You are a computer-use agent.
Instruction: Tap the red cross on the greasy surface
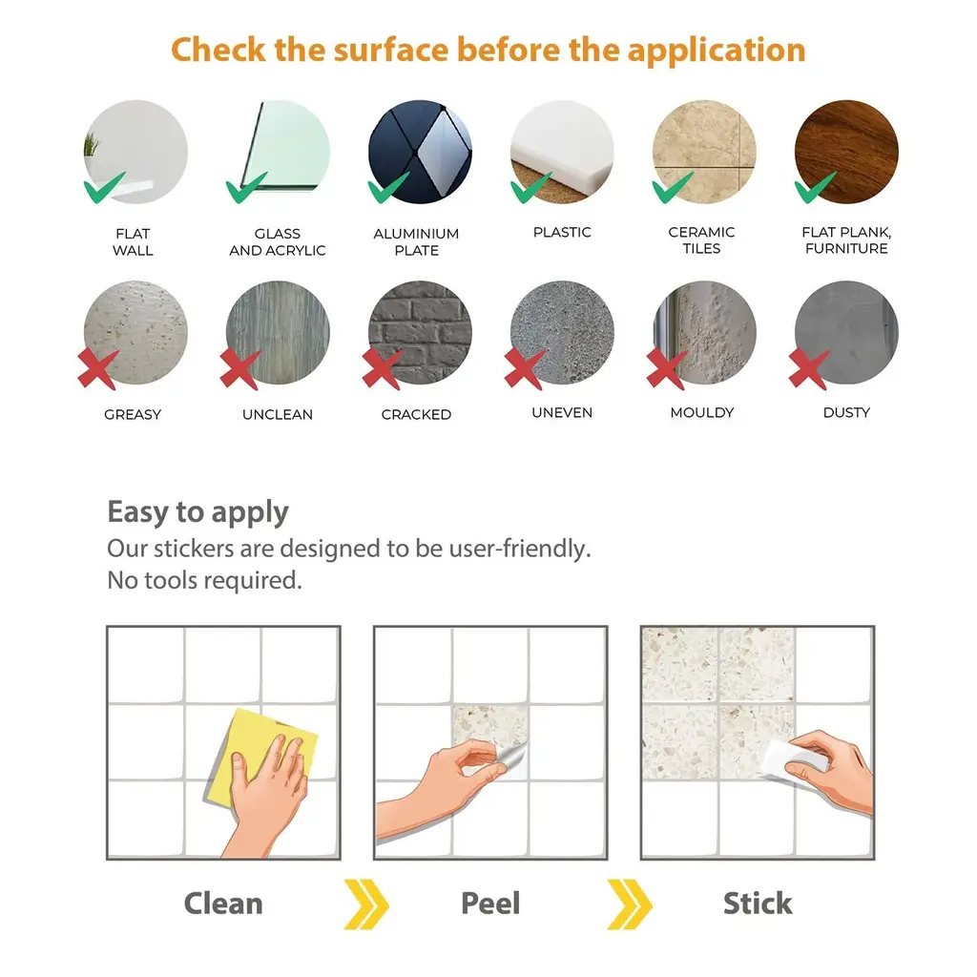click(98, 369)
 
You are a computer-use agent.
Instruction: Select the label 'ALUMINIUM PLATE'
click(416, 241)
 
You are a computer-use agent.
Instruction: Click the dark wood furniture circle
click(846, 152)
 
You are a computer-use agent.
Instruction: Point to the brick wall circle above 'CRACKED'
click(420, 332)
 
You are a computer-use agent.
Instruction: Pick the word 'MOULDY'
click(701, 412)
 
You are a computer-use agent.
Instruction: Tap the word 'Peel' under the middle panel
click(490, 903)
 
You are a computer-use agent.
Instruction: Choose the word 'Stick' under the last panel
click(758, 903)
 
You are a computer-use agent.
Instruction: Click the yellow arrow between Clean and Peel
click(366, 904)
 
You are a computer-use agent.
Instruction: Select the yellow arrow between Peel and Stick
click(630, 904)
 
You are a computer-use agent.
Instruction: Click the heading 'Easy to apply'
click(198, 512)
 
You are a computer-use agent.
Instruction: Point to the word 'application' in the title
click(717, 51)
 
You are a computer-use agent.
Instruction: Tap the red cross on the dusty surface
click(809, 369)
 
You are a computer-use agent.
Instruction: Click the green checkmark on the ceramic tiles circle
click(673, 188)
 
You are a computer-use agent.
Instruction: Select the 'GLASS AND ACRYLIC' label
click(278, 241)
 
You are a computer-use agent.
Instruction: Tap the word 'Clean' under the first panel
click(223, 903)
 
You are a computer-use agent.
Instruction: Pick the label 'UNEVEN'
click(562, 412)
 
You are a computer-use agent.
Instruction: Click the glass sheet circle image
click(278, 152)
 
